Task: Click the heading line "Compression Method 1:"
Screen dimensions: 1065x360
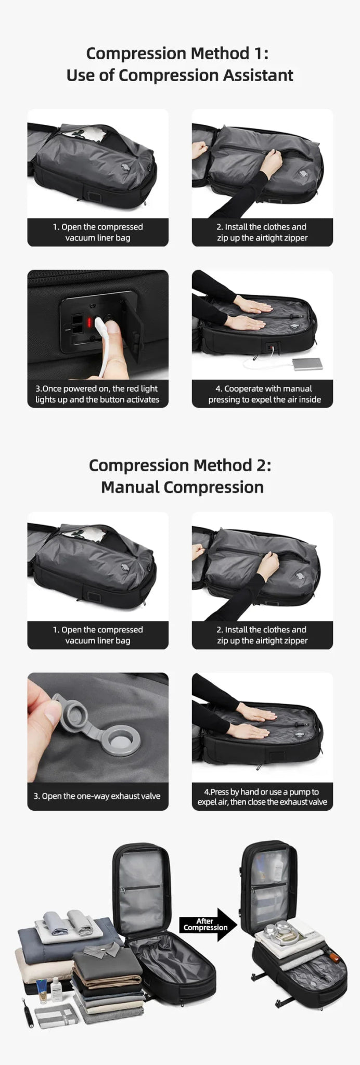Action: (177, 54)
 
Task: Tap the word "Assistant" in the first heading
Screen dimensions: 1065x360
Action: (258, 75)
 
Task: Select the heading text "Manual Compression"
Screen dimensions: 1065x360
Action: (182, 487)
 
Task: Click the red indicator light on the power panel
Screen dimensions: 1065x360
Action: (89, 323)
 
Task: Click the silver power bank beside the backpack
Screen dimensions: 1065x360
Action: (307, 364)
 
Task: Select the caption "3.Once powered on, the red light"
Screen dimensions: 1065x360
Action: (97, 388)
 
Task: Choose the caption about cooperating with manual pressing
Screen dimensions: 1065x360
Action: (264, 394)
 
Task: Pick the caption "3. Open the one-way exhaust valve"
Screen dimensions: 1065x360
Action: (97, 796)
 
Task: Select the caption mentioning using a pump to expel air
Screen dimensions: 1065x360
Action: (262, 797)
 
